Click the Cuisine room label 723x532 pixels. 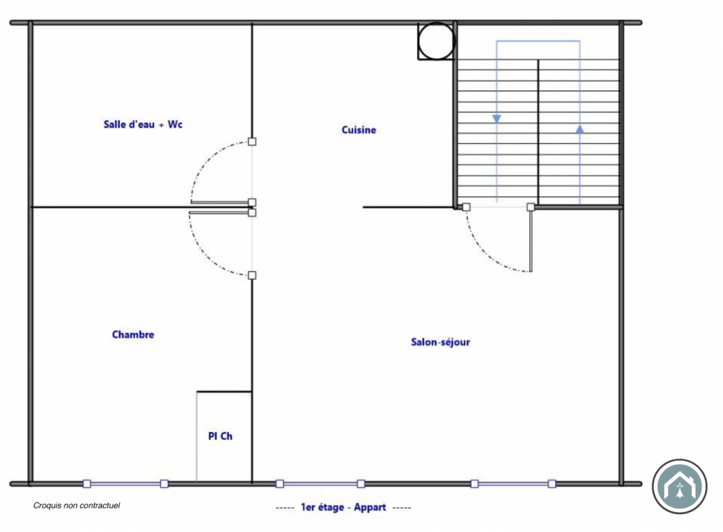point(358,130)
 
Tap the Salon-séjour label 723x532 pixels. point(440,342)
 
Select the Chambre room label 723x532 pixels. point(133,335)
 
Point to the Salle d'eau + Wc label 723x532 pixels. point(143,124)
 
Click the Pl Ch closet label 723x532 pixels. point(220,436)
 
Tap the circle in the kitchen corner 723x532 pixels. point(436,23)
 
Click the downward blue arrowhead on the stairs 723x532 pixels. point(496,119)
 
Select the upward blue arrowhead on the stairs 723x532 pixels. point(580,129)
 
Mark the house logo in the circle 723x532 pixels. point(680,486)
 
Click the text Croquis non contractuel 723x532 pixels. point(77,506)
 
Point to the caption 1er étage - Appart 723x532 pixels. point(343,507)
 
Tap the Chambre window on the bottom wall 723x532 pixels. point(125,484)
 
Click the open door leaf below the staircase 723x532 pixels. point(531,240)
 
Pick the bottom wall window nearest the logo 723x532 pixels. point(513,484)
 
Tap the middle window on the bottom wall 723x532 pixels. point(320,484)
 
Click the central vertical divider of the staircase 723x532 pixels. point(537,132)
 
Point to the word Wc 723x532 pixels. point(175,124)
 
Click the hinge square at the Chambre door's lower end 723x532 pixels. point(252,276)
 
